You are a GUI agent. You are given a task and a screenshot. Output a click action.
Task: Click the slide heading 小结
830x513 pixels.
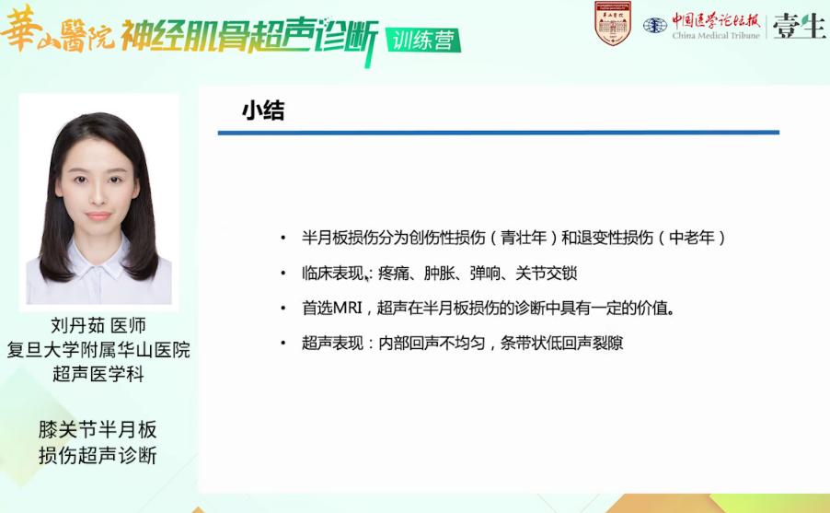[263, 111]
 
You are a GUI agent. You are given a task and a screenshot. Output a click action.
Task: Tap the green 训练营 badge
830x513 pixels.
[423, 41]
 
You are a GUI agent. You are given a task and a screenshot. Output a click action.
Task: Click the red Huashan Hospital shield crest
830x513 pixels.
[613, 23]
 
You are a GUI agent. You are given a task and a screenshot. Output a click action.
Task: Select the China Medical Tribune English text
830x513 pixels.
[716, 36]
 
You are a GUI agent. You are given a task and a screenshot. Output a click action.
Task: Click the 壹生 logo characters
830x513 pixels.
[799, 26]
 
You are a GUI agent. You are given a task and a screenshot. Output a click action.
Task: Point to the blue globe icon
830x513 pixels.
[655, 26]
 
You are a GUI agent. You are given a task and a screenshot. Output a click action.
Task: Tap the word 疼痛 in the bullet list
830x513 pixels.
[393, 273]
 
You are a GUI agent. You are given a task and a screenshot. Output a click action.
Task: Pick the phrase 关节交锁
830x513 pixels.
[546, 273]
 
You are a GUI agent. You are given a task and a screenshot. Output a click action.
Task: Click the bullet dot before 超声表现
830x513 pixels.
[283, 343]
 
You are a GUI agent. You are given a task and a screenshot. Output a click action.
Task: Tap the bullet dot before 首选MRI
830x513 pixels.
[283, 308]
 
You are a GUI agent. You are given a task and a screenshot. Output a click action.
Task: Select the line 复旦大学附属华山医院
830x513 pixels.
[98, 350]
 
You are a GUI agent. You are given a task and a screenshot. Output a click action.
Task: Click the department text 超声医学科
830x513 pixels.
[98, 374]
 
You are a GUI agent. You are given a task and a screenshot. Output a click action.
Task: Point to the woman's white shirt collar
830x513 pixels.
[99, 263]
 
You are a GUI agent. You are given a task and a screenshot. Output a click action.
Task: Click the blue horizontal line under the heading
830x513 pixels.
[498, 133]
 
